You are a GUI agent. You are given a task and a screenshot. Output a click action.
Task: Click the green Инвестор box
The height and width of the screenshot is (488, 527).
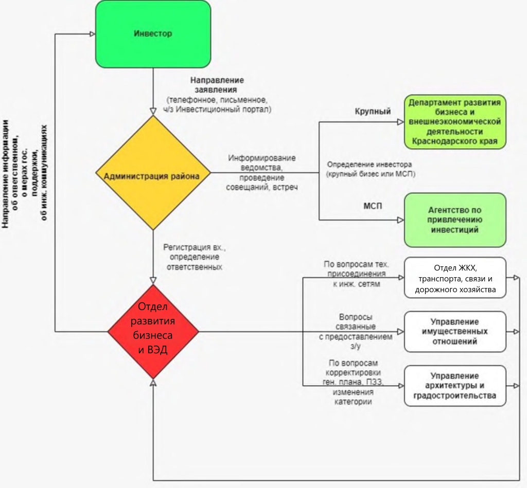coord(153,34)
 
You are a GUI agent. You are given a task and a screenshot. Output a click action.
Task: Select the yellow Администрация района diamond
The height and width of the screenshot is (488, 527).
coord(153,175)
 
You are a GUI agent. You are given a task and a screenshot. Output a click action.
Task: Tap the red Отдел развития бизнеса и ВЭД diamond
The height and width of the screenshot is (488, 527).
coord(153,332)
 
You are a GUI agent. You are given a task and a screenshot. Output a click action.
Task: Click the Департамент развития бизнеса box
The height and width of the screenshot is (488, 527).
coord(454,122)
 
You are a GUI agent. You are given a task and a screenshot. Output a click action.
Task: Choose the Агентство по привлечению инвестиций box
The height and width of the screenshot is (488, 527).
coord(454,220)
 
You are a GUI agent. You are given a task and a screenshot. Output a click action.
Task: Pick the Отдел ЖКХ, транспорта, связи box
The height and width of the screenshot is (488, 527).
coord(454,278)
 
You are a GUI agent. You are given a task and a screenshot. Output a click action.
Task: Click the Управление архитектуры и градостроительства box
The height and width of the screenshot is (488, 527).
coord(454,386)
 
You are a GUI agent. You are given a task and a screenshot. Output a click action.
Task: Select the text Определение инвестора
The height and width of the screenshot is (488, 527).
coord(369,170)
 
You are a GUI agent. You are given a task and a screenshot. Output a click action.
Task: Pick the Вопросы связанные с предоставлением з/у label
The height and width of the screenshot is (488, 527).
coord(356,332)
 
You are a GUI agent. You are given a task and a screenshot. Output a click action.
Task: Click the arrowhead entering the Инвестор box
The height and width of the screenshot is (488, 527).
coord(93,34)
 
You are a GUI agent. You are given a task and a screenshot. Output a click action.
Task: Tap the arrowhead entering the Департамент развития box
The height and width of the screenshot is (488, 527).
coord(400,122)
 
